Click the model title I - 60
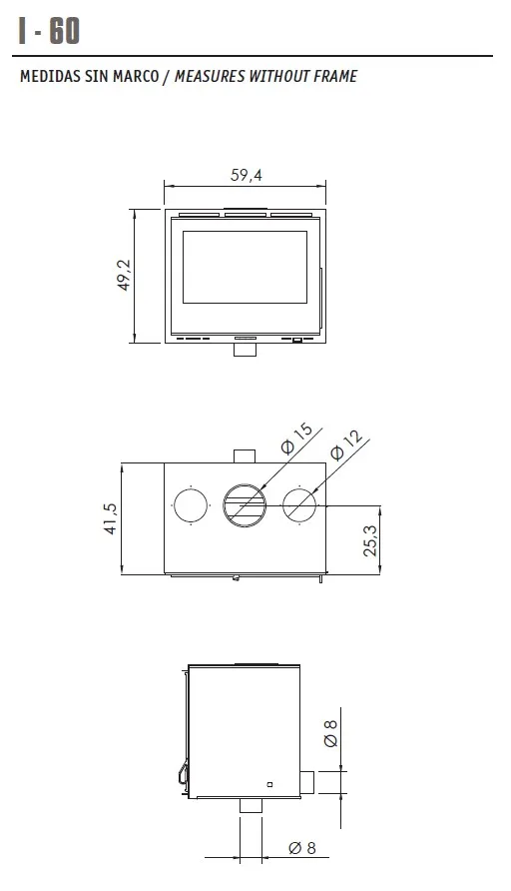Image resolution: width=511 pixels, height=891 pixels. tap(49, 31)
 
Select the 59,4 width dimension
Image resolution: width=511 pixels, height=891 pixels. tap(246, 175)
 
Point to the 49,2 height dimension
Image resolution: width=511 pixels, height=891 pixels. tap(124, 276)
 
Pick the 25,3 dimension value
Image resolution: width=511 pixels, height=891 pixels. tap(369, 539)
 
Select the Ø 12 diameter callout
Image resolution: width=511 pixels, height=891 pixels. tap(345, 445)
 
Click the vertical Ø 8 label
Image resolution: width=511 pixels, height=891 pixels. tap(330, 733)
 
